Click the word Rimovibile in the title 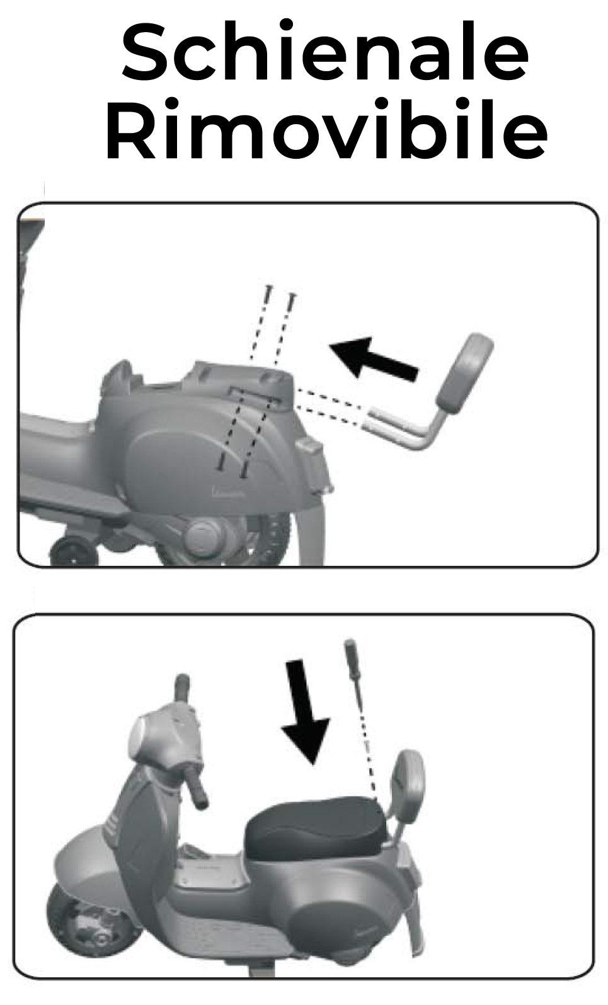pos(326,128)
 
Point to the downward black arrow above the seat pos(306,711)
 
